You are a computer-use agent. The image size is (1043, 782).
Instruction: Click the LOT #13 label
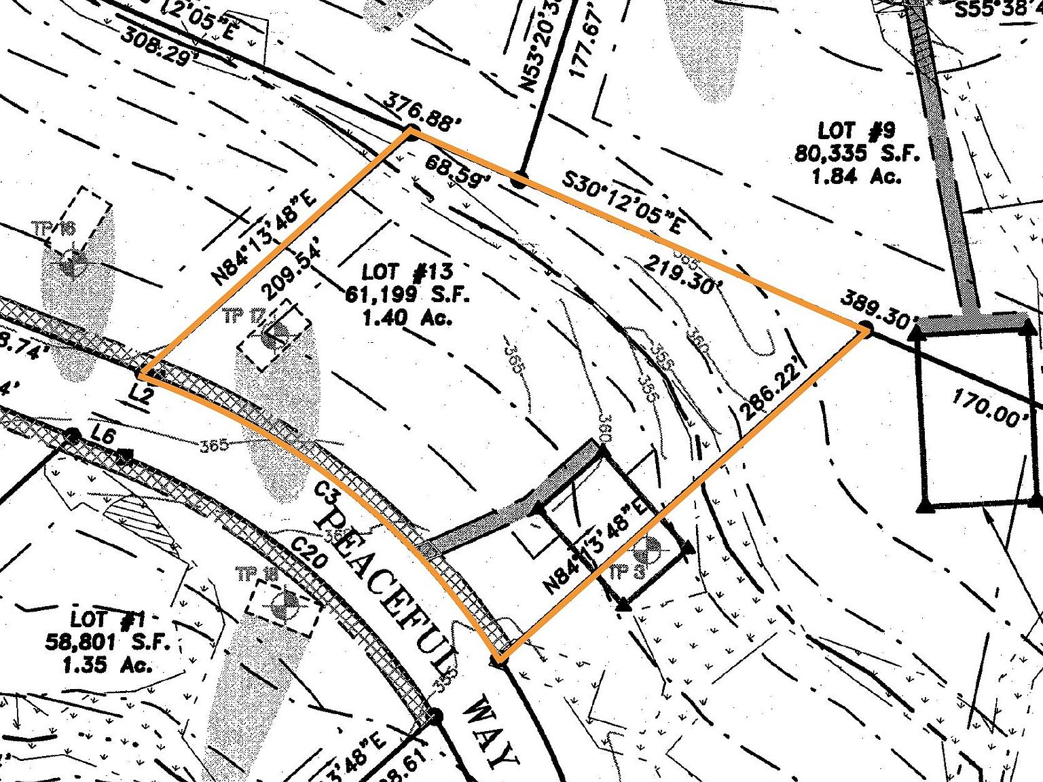(x=407, y=272)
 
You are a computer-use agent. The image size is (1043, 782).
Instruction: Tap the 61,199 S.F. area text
(x=407, y=295)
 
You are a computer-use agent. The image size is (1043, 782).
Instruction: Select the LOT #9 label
(x=857, y=131)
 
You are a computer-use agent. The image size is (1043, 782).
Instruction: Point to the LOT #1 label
(x=107, y=619)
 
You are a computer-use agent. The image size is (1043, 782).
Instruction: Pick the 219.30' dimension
(x=680, y=275)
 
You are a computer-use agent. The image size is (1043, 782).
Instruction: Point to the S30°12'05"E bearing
(x=623, y=202)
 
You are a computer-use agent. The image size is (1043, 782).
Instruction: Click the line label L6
(x=104, y=438)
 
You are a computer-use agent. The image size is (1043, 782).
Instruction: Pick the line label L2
(x=141, y=394)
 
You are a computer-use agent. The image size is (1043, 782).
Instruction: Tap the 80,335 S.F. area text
(x=857, y=153)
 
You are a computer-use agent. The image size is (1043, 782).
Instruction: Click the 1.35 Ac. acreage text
(x=107, y=665)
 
